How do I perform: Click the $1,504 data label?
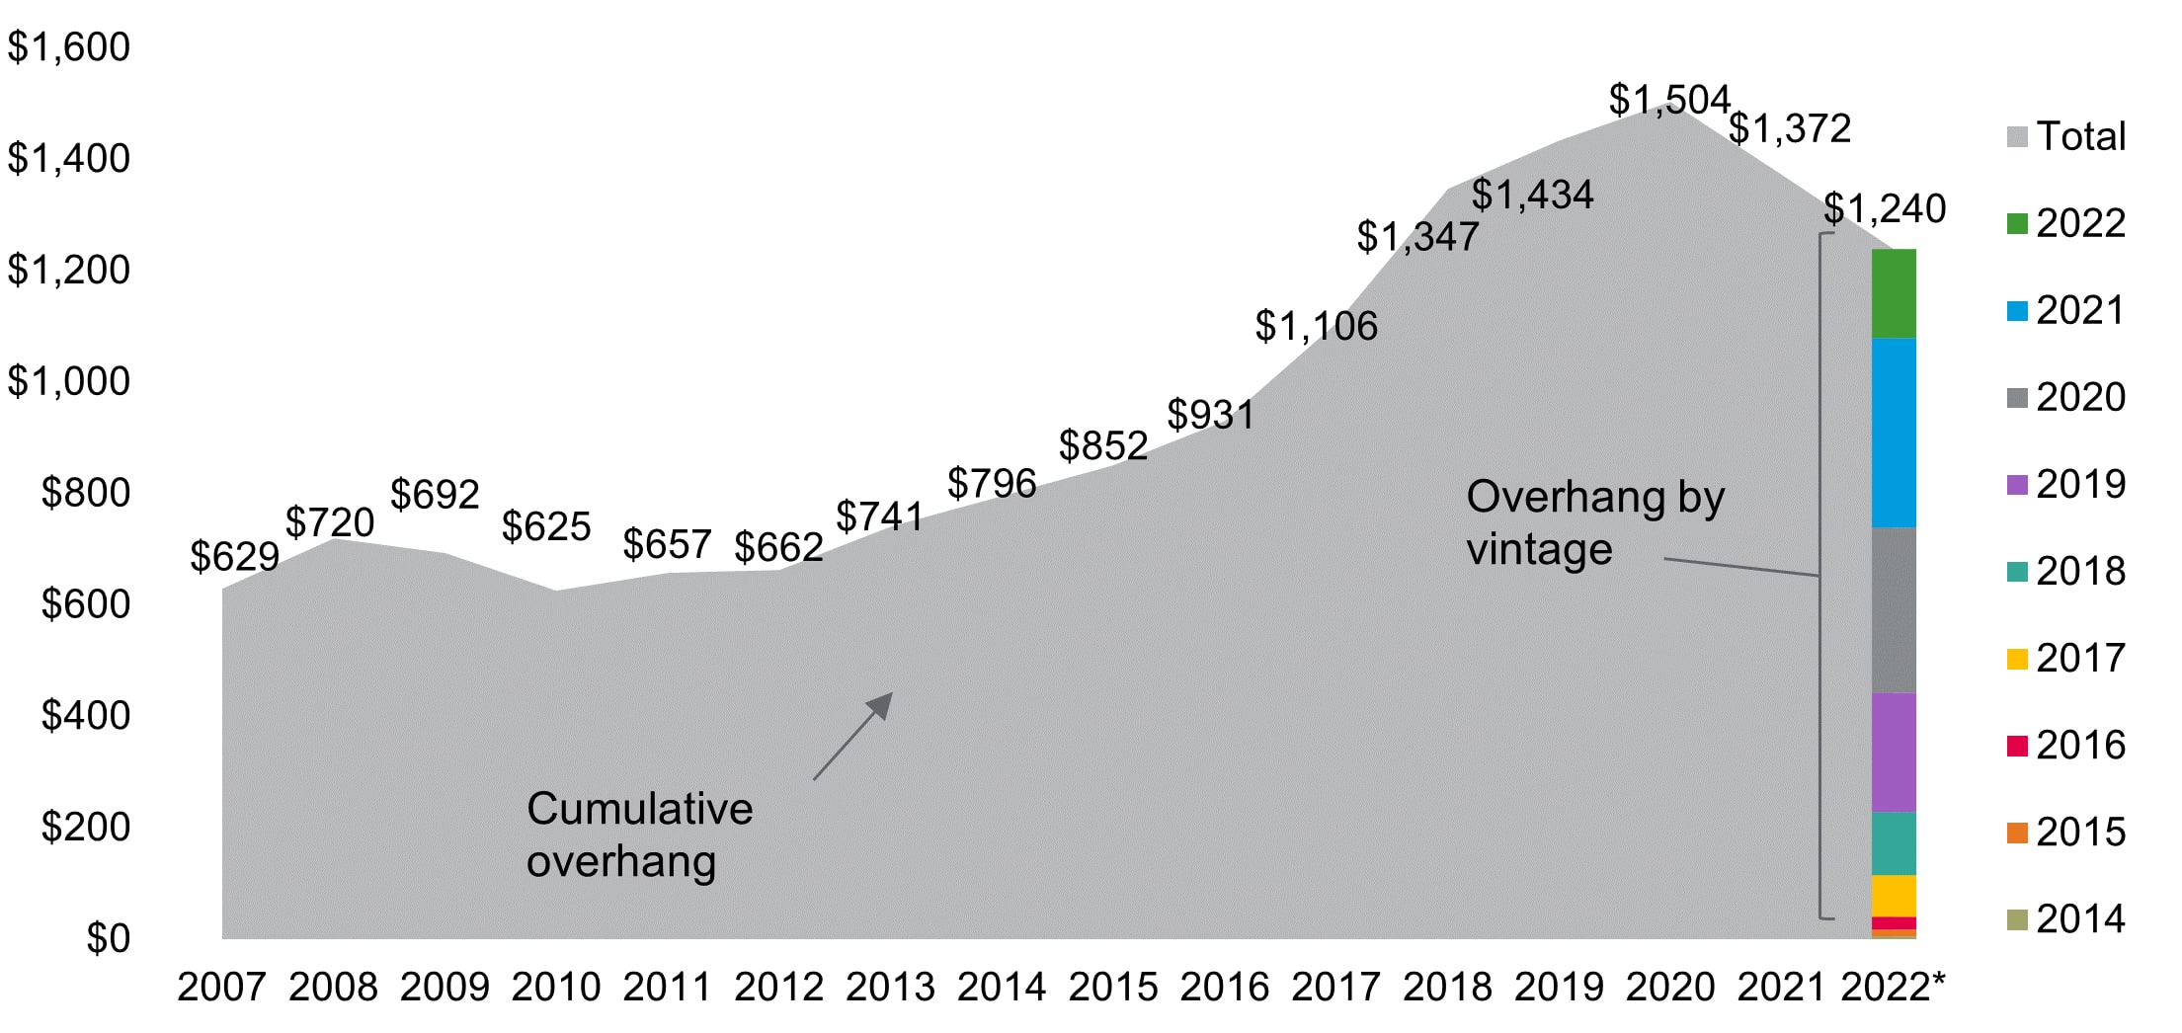(1668, 100)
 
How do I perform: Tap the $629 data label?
(234, 557)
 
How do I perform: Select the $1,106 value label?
(1316, 326)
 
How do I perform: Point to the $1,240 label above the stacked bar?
(1884, 208)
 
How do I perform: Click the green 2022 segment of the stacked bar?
(1893, 293)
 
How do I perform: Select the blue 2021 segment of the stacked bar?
(1893, 433)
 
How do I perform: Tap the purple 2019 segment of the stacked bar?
(1893, 752)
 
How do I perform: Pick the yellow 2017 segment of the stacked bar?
(1893, 896)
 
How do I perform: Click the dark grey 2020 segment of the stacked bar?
(1893, 609)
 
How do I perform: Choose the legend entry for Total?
(2066, 136)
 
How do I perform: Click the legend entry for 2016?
(2066, 746)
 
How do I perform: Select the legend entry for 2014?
(2066, 919)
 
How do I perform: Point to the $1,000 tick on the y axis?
(69, 381)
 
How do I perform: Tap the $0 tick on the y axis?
(108, 938)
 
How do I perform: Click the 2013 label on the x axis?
(889, 987)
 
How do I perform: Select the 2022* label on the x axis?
(1892, 987)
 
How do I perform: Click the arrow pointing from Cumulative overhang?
(852, 737)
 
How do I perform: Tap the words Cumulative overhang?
(638, 834)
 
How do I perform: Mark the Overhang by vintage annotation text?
(1593, 522)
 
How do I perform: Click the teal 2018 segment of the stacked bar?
(1893, 843)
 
